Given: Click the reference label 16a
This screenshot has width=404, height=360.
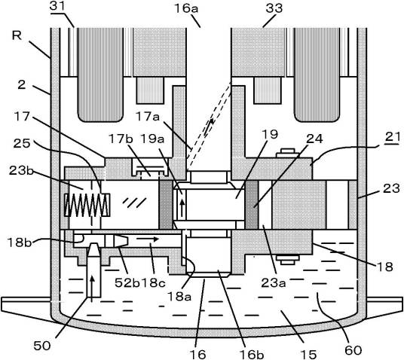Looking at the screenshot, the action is coord(186,8).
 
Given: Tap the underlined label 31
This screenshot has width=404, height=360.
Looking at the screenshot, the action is coord(57,6).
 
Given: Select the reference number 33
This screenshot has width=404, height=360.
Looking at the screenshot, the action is coord(274,8).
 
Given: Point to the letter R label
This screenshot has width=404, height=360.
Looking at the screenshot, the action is coord(17,35).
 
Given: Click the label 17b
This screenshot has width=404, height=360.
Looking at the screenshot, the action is coord(121,139).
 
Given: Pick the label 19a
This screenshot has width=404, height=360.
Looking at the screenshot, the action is coord(152,139).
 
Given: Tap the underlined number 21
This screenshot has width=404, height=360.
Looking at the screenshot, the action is coord(393,137).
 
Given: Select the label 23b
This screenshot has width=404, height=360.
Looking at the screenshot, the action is coord(21,170).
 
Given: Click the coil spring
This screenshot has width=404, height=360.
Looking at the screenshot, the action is coord(87,205).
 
